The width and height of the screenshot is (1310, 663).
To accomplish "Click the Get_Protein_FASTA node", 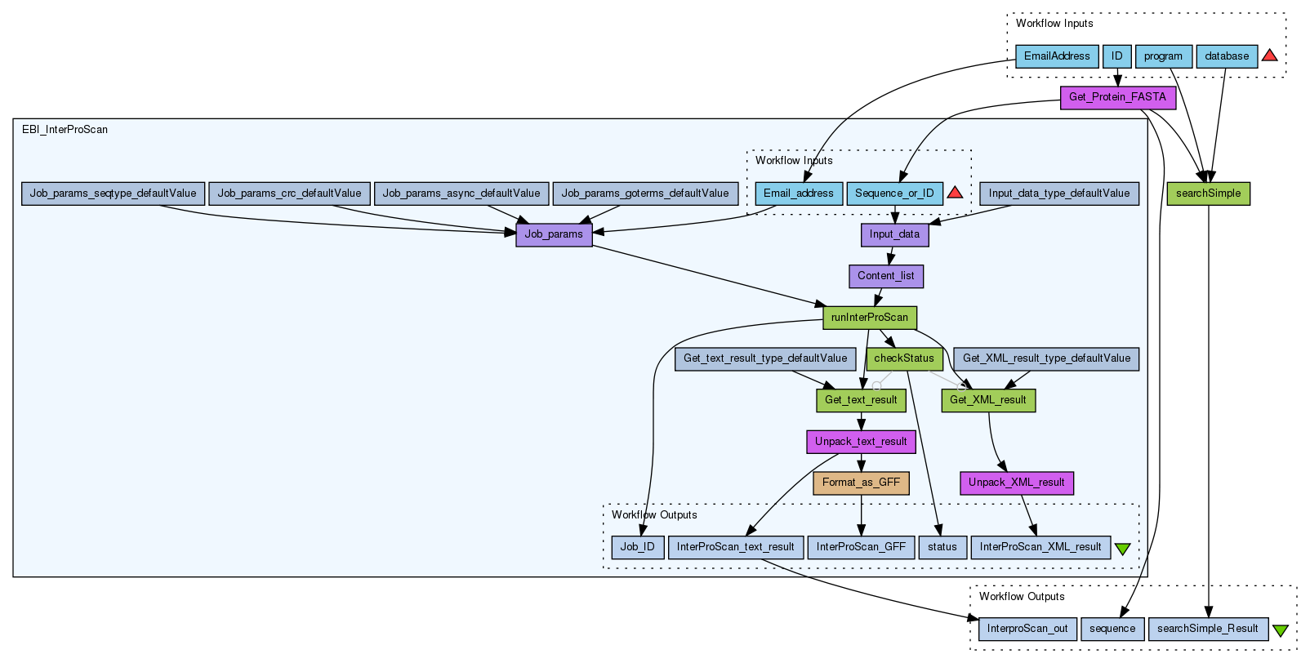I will (x=1117, y=98).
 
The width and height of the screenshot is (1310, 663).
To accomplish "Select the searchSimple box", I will (x=1208, y=194).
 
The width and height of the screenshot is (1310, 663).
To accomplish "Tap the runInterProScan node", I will (x=869, y=318).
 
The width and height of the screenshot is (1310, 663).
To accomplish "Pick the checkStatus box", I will (x=903, y=358).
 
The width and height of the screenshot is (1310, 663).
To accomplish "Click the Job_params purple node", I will (x=554, y=235).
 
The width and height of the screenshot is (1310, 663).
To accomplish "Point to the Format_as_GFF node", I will (x=861, y=483).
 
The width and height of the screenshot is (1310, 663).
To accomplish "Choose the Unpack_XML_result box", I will (x=1016, y=483).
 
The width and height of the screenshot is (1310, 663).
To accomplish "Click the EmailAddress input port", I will (x=1057, y=56).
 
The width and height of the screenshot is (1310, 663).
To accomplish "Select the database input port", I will (x=1227, y=56).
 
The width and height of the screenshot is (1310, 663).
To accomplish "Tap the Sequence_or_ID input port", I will (x=894, y=194).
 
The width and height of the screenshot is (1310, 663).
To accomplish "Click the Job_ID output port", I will (x=637, y=547).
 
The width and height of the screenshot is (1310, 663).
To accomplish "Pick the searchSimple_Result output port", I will (x=1207, y=629).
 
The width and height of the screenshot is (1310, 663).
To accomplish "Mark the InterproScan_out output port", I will (x=1027, y=629).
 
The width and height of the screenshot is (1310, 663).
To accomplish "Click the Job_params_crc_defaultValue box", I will (x=289, y=194).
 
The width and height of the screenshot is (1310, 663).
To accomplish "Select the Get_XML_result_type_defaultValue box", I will (x=1046, y=358).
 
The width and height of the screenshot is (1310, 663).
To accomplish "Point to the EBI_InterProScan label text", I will (x=65, y=130).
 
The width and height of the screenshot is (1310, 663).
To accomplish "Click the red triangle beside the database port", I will (x=1269, y=56).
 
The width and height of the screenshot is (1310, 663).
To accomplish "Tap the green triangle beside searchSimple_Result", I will (x=1280, y=630).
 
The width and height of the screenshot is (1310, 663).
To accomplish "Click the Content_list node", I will (x=885, y=277).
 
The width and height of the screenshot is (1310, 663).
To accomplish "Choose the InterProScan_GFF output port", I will (x=861, y=547).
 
